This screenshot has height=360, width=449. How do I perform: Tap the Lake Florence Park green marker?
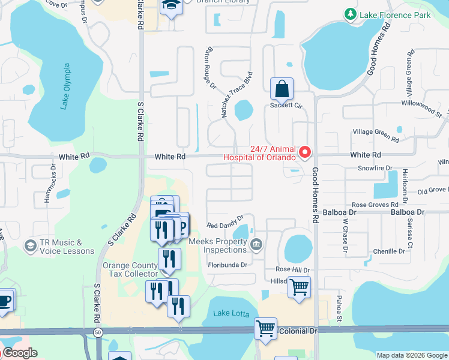pos(350,14)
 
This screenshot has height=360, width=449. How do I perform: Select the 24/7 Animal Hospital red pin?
pos(304,152)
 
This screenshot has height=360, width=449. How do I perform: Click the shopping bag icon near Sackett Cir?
pos(282,89)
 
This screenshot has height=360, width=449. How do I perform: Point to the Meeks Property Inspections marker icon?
pos(256,243)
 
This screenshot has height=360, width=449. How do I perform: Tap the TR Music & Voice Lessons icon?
pos(30,246)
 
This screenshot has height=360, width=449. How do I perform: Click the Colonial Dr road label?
pos(298,331)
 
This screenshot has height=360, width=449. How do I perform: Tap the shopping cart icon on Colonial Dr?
pos(265,329)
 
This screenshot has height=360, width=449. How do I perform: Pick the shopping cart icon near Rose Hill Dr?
pos(298,286)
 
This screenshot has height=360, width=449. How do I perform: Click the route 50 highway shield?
pos(97,331)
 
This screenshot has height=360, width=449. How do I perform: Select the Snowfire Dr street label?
pos(375,169)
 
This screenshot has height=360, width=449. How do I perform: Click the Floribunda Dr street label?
pos(228,265)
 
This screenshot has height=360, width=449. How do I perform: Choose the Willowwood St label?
pos(421,108)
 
